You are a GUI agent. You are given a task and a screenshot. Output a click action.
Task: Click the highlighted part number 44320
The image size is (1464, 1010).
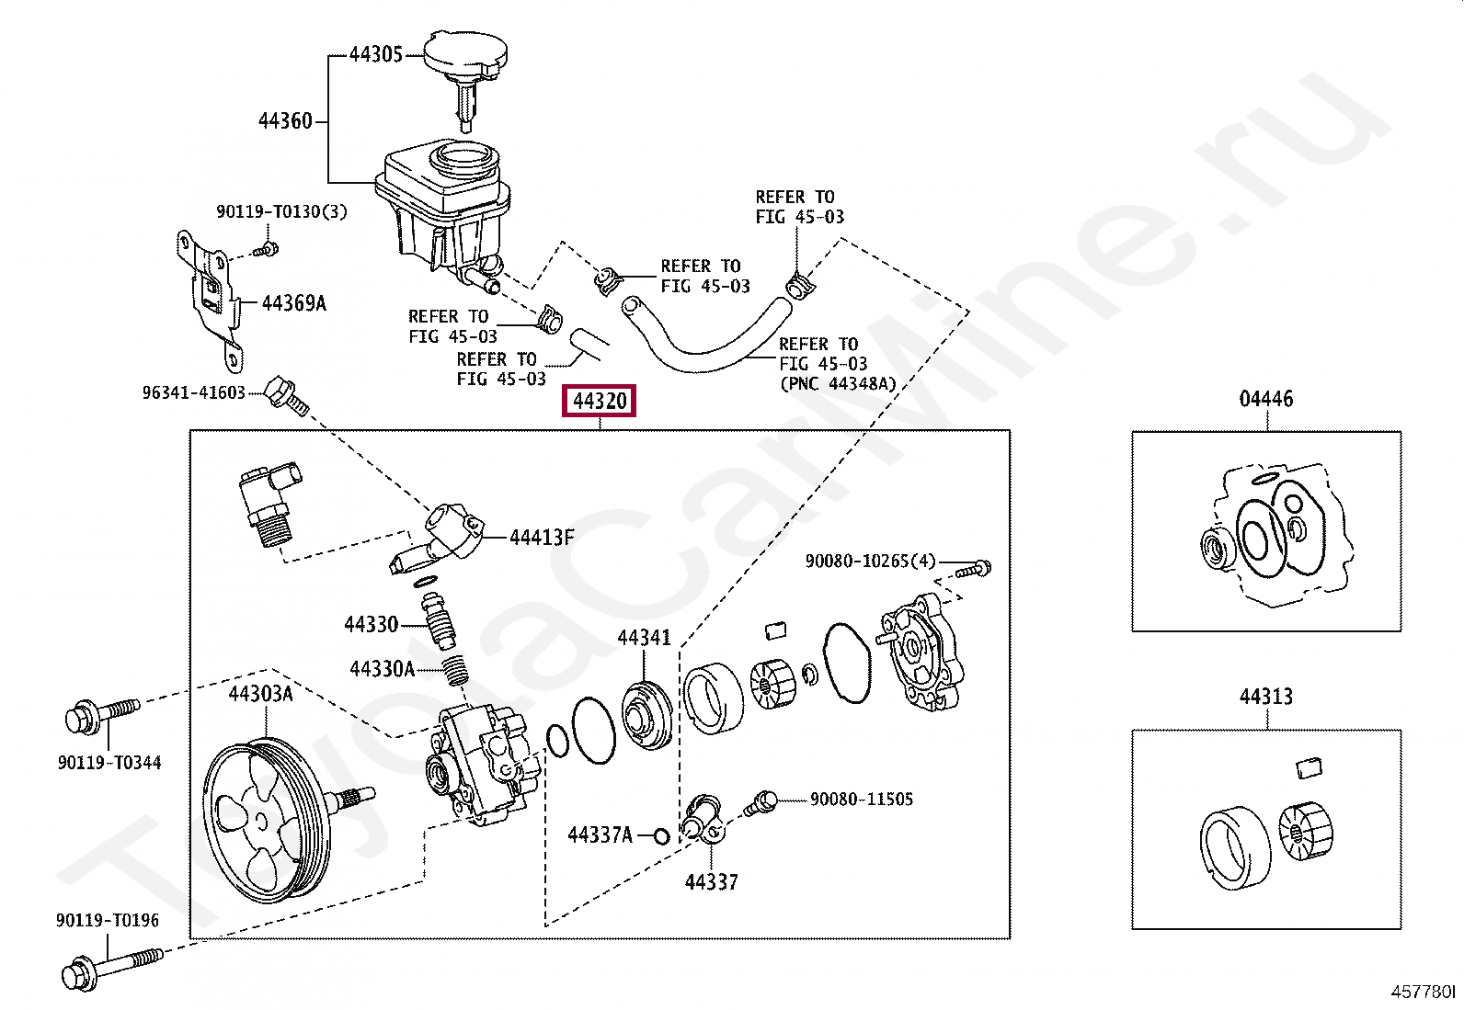tap(600, 402)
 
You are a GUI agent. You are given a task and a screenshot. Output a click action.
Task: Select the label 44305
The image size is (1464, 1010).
tap(375, 55)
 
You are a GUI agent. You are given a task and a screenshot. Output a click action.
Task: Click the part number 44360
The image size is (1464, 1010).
tap(285, 120)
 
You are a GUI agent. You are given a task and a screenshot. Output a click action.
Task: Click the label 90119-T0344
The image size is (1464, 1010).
tap(109, 763)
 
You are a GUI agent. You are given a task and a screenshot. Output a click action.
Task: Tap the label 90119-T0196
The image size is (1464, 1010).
tap(108, 920)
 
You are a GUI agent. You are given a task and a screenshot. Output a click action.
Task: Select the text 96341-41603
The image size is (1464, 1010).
tap(194, 392)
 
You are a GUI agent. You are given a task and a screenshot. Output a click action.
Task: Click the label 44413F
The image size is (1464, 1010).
tap(542, 538)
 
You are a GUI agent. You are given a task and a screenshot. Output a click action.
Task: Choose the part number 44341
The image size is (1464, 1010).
tap(644, 637)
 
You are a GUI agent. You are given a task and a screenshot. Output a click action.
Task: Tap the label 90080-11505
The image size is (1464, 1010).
tap(862, 800)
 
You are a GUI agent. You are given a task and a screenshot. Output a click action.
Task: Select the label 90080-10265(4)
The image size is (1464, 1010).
tap(870, 561)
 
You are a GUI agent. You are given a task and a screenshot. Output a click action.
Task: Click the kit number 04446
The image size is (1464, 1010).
tap(1265, 399)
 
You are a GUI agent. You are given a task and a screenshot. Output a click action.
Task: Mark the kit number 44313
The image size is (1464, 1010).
tap(1265, 697)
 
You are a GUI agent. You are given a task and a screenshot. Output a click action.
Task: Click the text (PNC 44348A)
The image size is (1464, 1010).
tap(837, 384)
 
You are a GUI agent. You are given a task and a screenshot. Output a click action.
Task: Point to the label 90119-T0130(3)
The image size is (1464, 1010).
tap(281, 212)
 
